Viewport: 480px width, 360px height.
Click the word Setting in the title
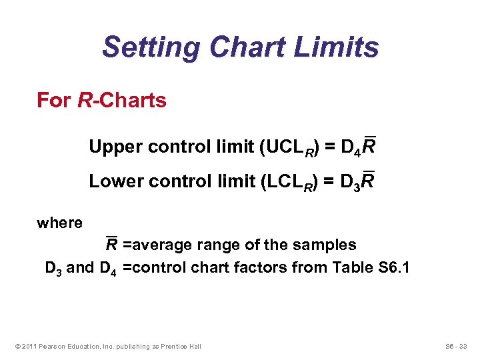(151, 48)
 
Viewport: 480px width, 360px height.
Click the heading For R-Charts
(101, 101)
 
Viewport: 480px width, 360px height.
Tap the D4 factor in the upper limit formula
(350, 147)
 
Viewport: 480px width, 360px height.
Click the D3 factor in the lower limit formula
(350, 182)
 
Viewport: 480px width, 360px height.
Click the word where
(59, 223)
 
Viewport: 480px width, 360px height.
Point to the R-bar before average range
(112, 245)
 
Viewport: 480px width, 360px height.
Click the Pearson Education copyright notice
(106, 346)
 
